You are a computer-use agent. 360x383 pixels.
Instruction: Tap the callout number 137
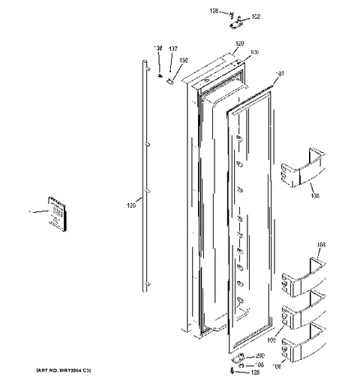[173, 49]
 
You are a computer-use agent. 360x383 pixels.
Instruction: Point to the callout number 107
[281, 73]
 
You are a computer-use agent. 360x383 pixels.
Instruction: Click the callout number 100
[255, 52]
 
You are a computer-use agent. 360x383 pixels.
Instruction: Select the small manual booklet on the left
[55, 213]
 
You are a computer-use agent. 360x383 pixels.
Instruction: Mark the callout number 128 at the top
[214, 11]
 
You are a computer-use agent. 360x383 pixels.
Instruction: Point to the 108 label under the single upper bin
[314, 196]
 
